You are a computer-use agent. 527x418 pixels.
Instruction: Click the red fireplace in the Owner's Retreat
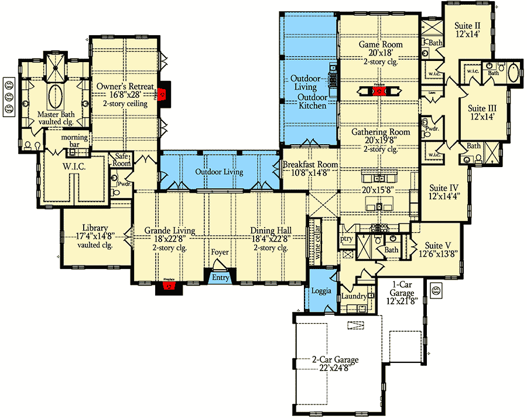click(x=163, y=93)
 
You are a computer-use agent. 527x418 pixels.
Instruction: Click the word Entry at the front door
click(x=220, y=277)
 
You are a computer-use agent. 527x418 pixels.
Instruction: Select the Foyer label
click(x=220, y=253)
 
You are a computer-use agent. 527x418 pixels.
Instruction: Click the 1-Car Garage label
click(x=404, y=293)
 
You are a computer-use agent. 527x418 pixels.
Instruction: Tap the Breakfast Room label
click(x=310, y=165)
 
